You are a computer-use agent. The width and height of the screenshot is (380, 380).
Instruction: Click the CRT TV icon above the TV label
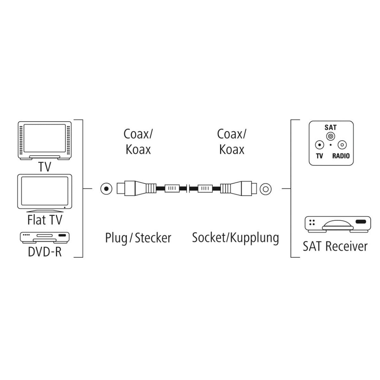(x=45, y=141)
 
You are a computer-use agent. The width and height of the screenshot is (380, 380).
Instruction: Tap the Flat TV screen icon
(x=45, y=192)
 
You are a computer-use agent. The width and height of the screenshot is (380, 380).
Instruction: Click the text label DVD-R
(x=45, y=252)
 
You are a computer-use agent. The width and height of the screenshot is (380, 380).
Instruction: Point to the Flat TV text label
(x=45, y=220)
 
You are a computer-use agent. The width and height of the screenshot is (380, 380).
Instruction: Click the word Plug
(x=116, y=238)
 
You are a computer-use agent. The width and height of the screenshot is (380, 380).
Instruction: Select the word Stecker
(x=153, y=238)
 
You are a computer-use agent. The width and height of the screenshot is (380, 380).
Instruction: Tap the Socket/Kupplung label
(x=235, y=237)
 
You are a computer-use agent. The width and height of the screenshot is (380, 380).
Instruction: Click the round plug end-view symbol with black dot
(x=106, y=189)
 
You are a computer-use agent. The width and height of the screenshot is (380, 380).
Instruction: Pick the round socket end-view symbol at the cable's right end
(x=265, y=189)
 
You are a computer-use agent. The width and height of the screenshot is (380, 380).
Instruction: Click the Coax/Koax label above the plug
(x=138, y=142)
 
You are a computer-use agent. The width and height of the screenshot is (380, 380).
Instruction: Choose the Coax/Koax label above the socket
(x=231, y=142)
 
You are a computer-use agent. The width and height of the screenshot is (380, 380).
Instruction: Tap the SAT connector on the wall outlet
(x=331, y=136)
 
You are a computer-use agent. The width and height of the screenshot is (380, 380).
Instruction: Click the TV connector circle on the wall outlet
(x=320, y=145)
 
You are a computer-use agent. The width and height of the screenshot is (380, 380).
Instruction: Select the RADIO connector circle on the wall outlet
(x=342, y=145)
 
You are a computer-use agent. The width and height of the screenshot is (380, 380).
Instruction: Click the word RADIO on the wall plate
(x=341, y=156)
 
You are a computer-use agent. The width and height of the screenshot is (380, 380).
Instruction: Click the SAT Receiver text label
(x=335, y=246)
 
